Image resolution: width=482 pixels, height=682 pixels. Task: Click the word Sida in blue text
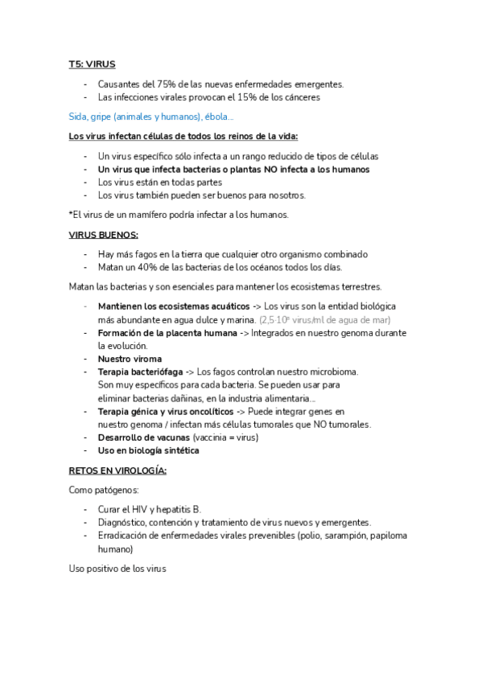click(x=78, y=117)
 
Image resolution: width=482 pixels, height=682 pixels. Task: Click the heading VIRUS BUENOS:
click(x=104, y=235)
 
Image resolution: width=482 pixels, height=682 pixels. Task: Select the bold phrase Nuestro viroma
click(x=130, y=359)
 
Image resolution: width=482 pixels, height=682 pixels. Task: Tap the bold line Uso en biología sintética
click(x=148, y=450)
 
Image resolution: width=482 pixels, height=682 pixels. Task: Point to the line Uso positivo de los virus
click(x=117, y=569)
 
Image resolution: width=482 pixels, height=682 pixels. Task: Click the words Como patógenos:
click(x=105, y=490)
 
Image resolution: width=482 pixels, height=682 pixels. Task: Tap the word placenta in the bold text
click(x=192, y=332)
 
